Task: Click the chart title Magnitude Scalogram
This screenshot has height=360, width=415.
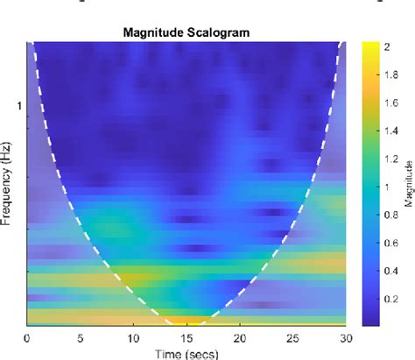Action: pos(187,33)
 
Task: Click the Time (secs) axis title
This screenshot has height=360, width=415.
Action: pos(187,353)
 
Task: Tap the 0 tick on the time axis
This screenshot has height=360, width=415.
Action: pos(28,337)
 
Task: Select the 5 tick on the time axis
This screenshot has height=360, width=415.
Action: pos(81,337)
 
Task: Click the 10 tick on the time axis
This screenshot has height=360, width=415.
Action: pos(134,337)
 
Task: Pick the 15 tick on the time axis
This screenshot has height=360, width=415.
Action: pos(186,337)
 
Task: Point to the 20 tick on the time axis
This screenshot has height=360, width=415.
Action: pos(240,337)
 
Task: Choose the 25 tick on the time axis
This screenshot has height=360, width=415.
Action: pos(293,337)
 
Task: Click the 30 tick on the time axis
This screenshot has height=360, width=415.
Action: pos(346,337)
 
